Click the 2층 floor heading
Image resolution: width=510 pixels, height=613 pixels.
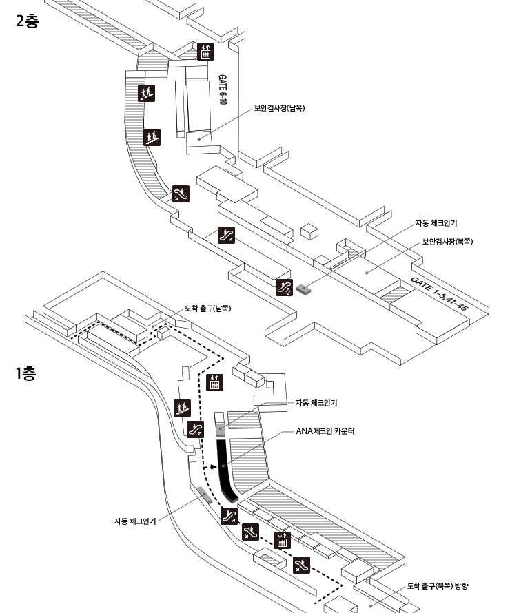point(27,21)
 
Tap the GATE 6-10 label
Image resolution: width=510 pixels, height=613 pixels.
point(223,90)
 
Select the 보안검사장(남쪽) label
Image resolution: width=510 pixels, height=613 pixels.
point(279,108)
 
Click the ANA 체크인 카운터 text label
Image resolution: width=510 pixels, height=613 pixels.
point(324,432)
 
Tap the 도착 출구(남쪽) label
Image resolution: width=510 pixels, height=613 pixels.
point(207,308)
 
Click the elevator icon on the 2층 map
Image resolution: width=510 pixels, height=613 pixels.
point(205,52)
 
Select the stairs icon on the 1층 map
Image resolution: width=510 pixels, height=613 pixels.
point(182,408)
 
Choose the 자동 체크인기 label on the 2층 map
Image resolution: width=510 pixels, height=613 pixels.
point(436,223)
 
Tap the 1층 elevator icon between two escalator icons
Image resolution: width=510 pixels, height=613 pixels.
point(282,540)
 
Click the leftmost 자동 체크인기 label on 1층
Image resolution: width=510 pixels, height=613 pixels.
point(135,521)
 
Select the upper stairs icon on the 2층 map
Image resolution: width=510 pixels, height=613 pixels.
point(145,93)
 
